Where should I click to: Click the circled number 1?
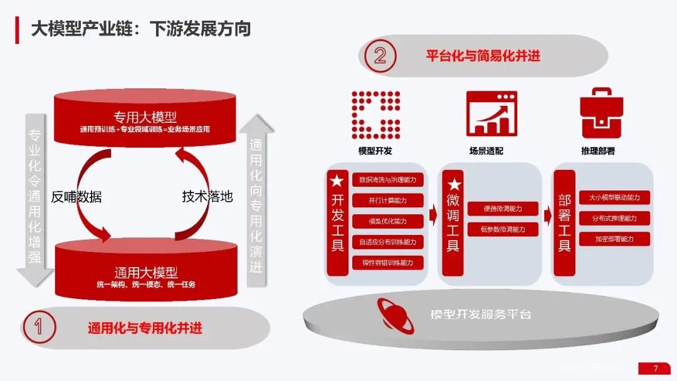tap(38, 327)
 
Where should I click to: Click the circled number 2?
tap(380, 55)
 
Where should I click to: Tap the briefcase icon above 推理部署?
tap(601, 114)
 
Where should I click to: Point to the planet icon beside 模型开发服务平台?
tap(394, 313)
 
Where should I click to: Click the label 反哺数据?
tap(76, 197)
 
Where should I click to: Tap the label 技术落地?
tap(207, 197)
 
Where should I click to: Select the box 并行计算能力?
tap(387, 201)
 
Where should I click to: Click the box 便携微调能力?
tap(502, 209)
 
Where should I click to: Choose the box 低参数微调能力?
tap(502, 229)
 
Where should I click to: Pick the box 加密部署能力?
tap(614, 239)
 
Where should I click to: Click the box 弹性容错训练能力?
tap(387, 262)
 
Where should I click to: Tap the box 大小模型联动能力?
tap(614, 197)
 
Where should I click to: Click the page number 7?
tap(655, 368)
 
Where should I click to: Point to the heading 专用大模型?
tap(145, 117)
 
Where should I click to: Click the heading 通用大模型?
tap(146, 273)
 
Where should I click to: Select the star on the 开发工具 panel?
tap(337, 182)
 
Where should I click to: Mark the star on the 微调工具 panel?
tap(453, 185)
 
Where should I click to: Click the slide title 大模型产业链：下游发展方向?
tap(141, 29)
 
